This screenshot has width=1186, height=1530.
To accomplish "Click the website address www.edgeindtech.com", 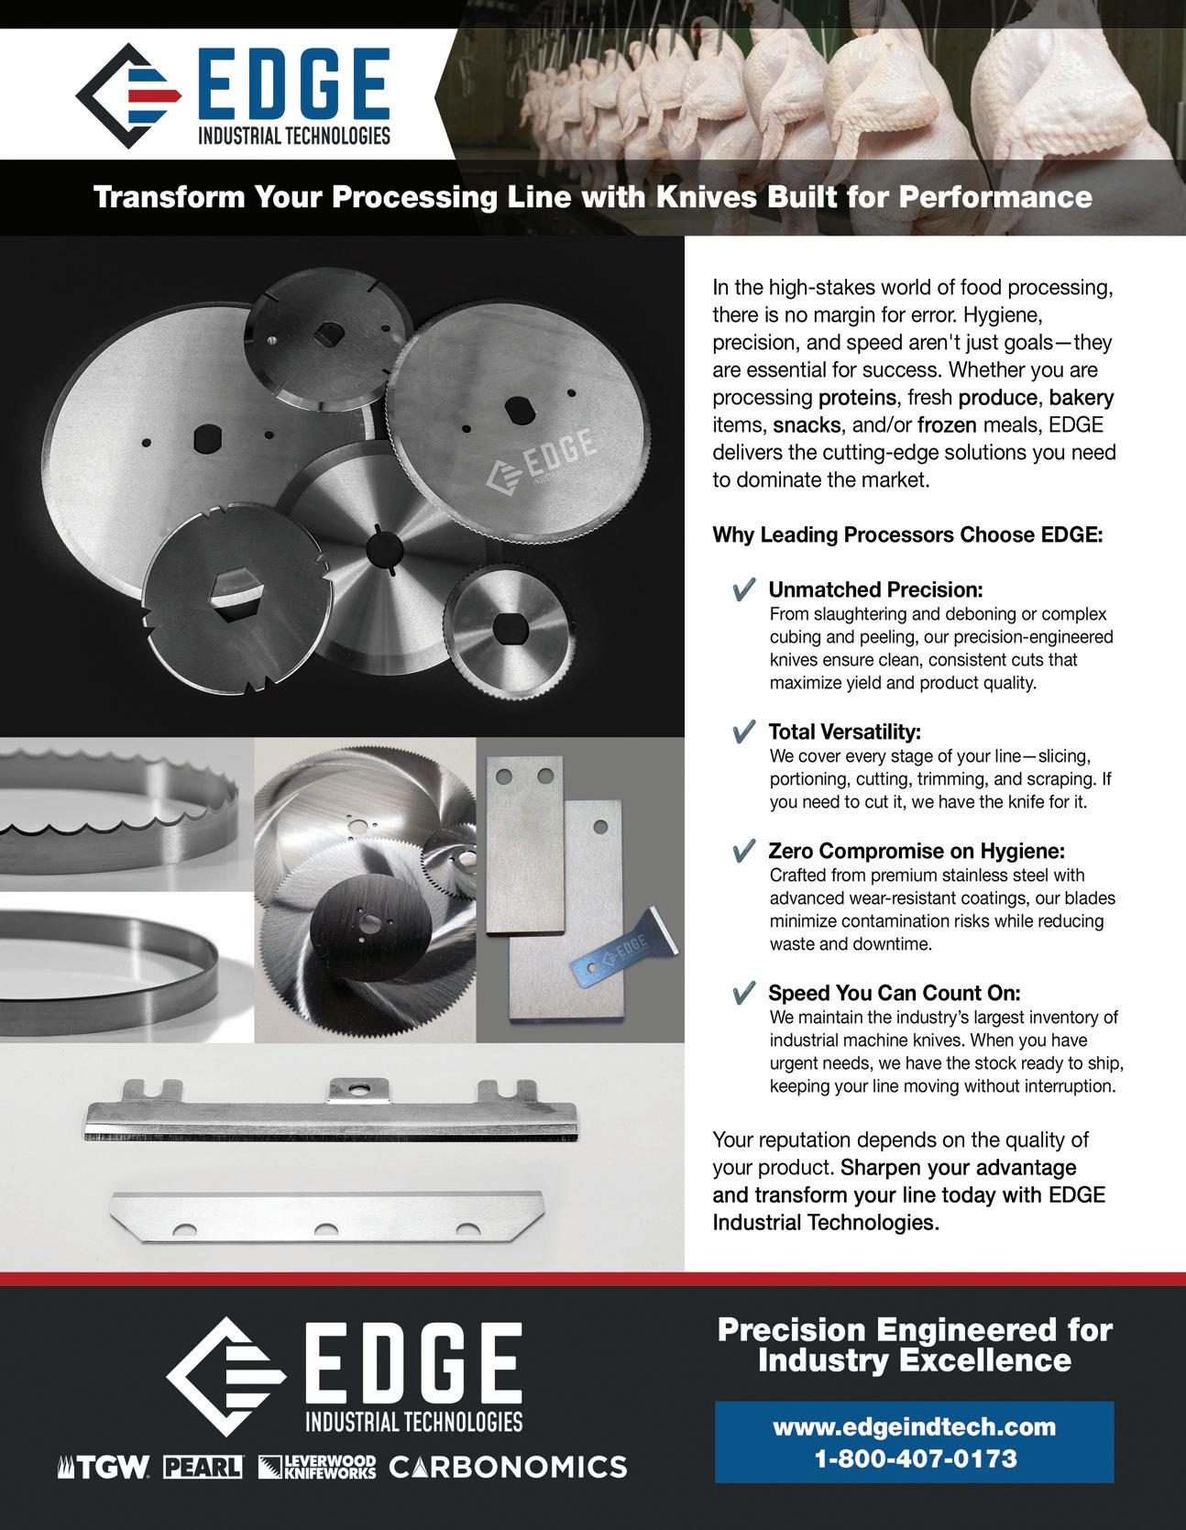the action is click(914, 1426).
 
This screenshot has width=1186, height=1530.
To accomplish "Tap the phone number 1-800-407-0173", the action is click(916, 1458).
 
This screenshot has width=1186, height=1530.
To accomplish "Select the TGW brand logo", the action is click(104, 1467).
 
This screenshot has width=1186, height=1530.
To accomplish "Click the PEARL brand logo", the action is click(203, 1467).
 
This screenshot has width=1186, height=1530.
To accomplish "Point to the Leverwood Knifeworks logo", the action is click(317, 1467).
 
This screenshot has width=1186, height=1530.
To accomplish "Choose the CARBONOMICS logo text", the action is click(509, 1467).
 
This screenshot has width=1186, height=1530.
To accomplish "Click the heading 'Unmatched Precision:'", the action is click(875, 589).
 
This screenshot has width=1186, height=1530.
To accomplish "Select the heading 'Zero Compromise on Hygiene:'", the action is click(917, 851).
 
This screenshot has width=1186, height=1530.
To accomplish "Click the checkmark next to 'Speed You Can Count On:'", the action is click(744, 993).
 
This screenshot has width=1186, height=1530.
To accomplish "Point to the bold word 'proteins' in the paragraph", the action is click(855, 399).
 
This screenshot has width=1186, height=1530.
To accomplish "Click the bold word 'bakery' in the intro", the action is click(1082, 399).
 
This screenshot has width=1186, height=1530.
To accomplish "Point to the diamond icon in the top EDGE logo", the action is click(127, 96).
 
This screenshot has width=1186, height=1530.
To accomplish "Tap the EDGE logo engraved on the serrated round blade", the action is click(543, 461).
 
